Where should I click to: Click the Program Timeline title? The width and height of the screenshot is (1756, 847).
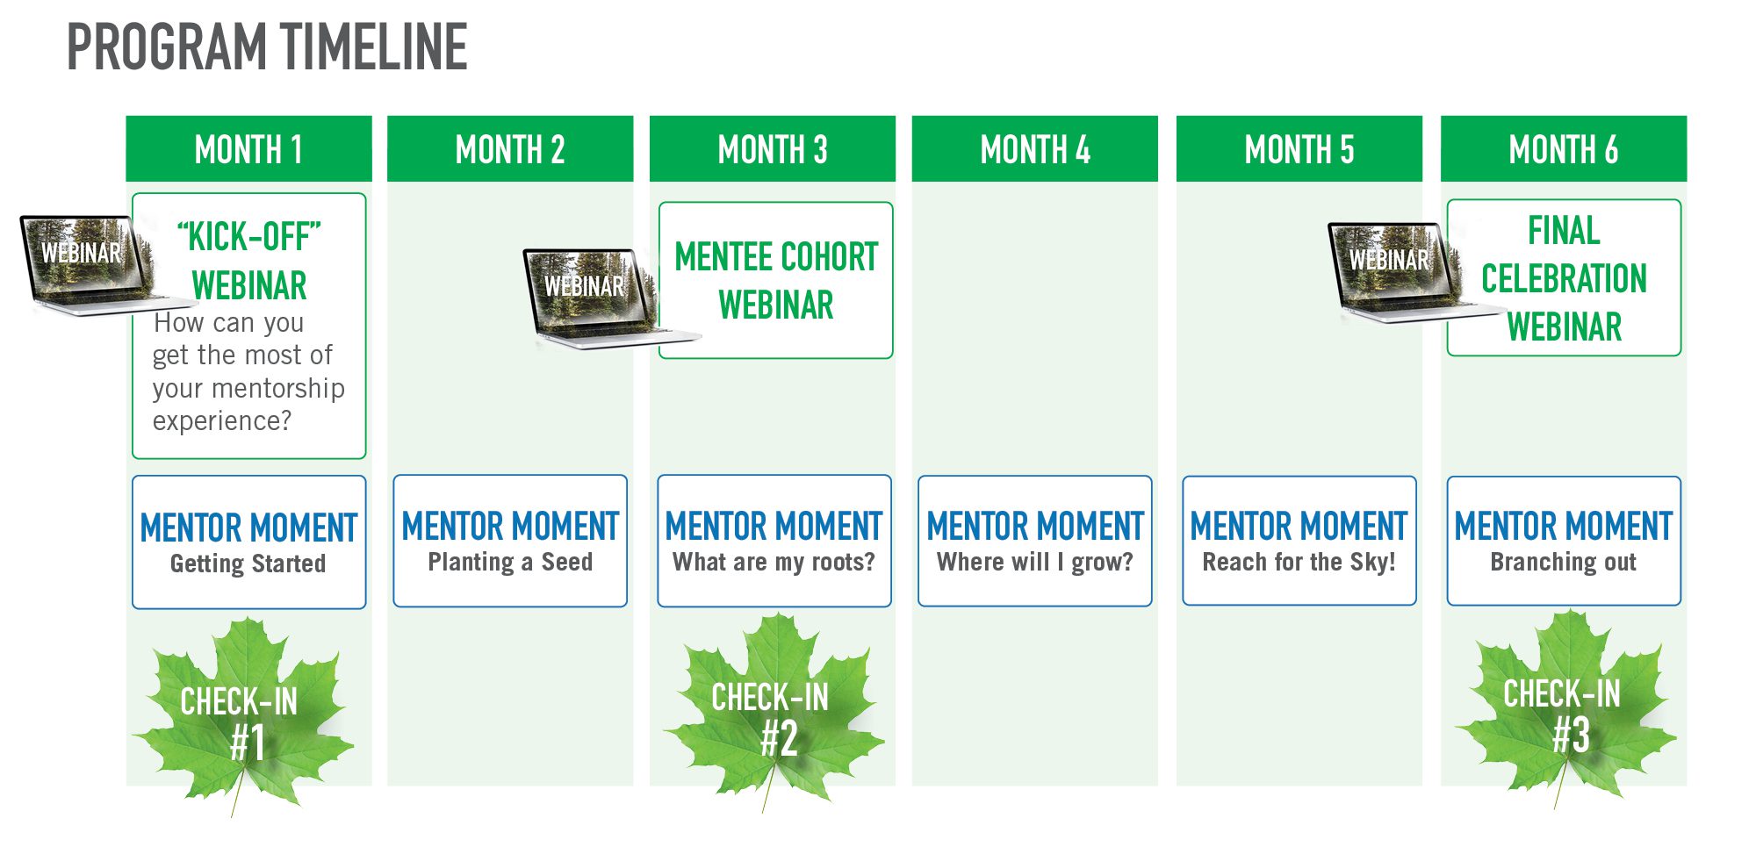267,47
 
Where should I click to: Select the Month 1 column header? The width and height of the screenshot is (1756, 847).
248,149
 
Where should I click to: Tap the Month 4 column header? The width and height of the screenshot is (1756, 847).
1034,149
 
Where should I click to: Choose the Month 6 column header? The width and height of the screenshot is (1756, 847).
1563,149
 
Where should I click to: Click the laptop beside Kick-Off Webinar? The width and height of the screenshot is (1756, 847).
88,263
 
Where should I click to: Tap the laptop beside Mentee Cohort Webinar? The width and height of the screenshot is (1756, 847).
590,294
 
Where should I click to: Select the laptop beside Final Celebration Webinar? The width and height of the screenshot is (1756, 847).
1396,268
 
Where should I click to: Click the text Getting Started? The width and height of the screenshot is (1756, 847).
248,563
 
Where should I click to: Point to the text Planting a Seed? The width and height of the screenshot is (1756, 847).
510,562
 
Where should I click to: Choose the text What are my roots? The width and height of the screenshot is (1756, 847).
774,562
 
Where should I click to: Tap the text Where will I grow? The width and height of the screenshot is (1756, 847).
1034,562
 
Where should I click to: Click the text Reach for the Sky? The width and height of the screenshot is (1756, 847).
1299,562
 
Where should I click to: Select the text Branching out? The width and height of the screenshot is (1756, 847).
1563,562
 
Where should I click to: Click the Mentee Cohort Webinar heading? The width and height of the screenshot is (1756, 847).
775,281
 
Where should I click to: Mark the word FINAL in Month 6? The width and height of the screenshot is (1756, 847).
1563,231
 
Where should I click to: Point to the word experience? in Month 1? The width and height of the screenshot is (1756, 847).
221,421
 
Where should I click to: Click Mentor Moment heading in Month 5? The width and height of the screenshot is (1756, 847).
1299,527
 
